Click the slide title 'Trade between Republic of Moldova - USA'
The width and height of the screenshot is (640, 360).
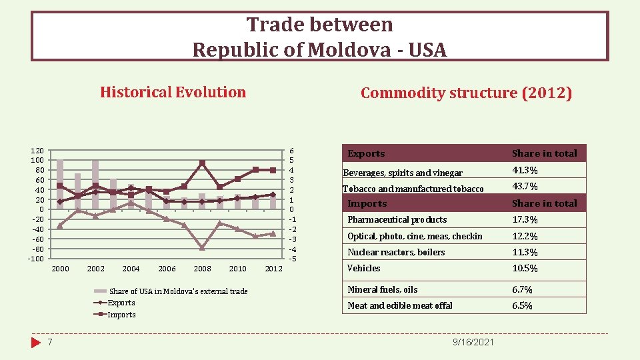pyautogui.click(x=319, y=37)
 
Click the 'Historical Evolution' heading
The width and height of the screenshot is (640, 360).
pyautogui.click(x=173, y=92)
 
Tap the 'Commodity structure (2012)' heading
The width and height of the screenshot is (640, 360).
pyautogui.click(x=466, y=93)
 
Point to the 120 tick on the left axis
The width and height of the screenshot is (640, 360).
pyautogui.click(x=37, y=151)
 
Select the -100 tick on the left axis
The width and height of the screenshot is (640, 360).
pyautogui.click(x=35, y=259)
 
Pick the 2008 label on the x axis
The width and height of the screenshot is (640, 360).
pyautogui.click(x=202, y=269)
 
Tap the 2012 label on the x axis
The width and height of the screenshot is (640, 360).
pyautogui.click(x=273, y=269)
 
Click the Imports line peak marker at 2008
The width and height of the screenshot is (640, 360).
pyautogui.click(x=202, y=163)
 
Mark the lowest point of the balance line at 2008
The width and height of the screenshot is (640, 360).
pyautogui.click(x=202, y=248)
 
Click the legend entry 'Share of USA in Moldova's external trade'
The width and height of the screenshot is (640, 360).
pyautogui.click(x=177, y=291)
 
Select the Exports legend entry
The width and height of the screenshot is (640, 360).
pyautogui.click(x=121, y=303)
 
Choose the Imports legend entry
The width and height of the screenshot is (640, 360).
pyautogui.click(x=121, y=315)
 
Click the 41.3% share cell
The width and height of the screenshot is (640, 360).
pyautogui.click(x=525, y=171)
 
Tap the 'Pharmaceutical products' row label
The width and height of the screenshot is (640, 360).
pyautogui.click(x=397, y=219)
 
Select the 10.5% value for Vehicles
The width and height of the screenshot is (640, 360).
pyautogui.click(x=525, y=268)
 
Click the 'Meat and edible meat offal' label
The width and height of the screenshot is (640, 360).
pyautogui.click(x=399, y=305)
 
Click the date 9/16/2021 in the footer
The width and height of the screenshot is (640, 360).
pyautogui.click(x=473, y=342)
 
